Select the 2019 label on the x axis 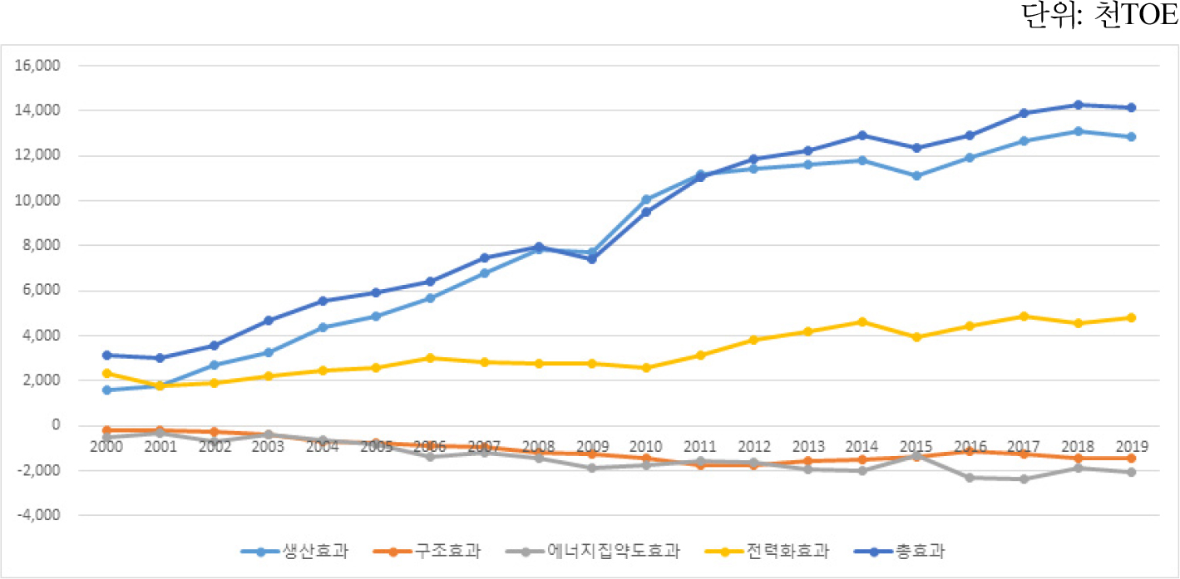(1131, 446)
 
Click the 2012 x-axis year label (753, 446)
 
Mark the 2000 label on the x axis (106, 446)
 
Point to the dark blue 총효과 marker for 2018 (1078, 105)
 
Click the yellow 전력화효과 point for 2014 (862, 321)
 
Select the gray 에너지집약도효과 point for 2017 (1024, 479)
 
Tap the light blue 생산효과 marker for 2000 (106, 390)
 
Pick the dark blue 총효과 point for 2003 (269, 320)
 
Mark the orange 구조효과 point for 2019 (1131, 459)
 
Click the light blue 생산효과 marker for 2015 (916, 176)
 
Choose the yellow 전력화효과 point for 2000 (106, 373)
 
